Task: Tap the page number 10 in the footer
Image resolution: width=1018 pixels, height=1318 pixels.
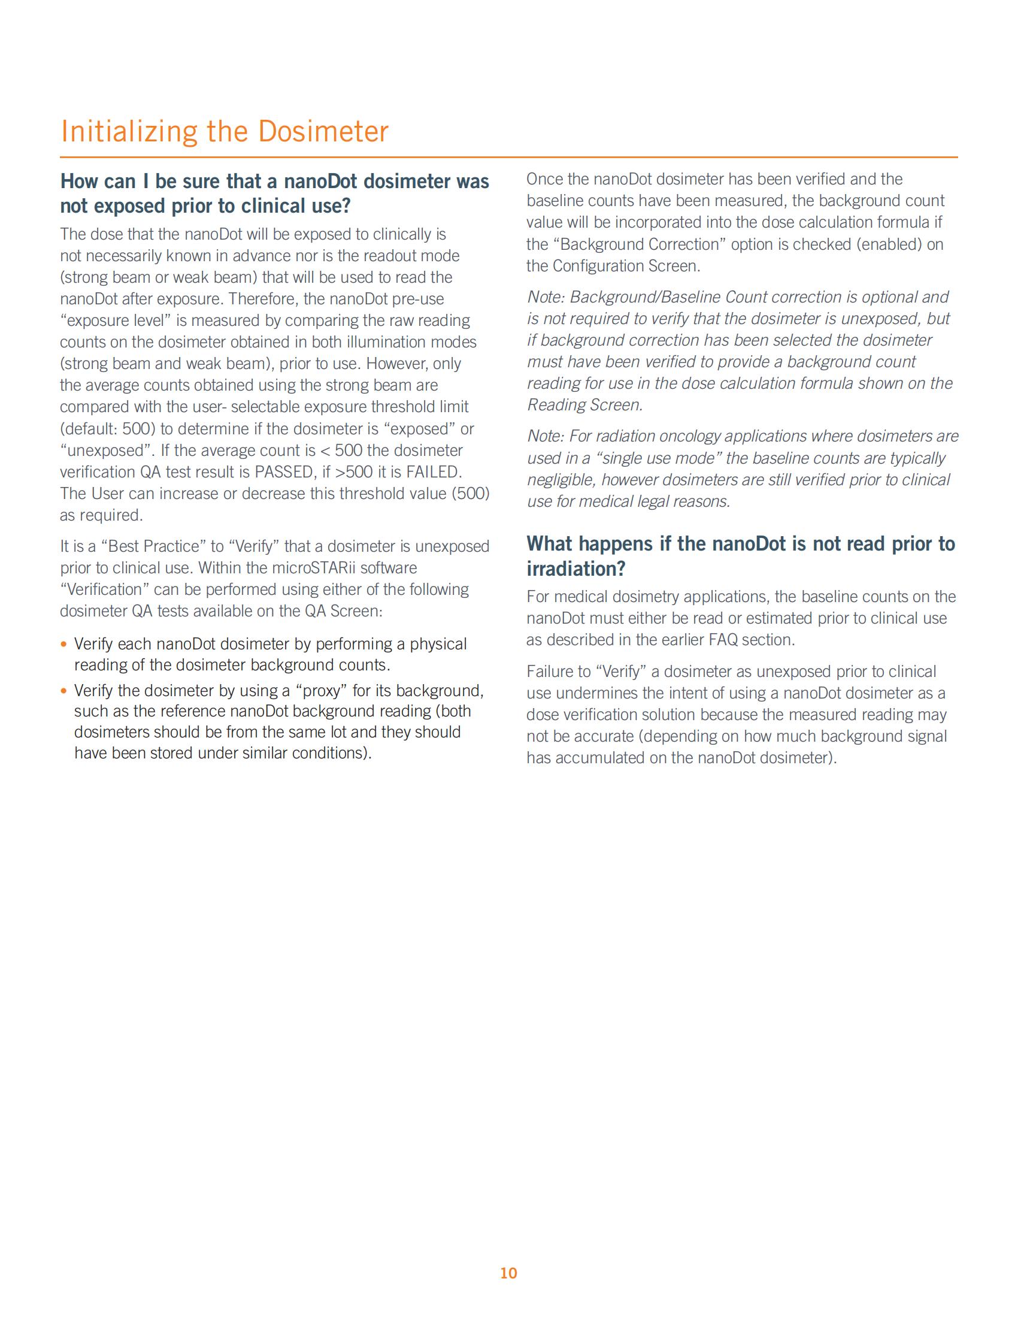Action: pyautogui.click(x=508, y=1272)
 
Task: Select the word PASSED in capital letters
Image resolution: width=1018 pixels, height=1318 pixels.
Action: pyautogui.click(x=282, y=472)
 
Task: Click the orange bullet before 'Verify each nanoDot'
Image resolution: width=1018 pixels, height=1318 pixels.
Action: pyautogui.click(x=64, y=645)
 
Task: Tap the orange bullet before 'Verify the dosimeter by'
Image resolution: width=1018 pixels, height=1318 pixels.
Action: pyautogui.click(x=64, y=691)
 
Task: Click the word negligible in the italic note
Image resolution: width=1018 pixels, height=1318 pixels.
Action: pyautogui.click(x=562, y=480)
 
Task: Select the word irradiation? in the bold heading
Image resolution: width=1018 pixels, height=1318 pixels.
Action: pyautogui.click(x=576, y=569)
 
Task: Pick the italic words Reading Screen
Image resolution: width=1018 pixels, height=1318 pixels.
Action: pyautogui.click(x=584, y=405)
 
